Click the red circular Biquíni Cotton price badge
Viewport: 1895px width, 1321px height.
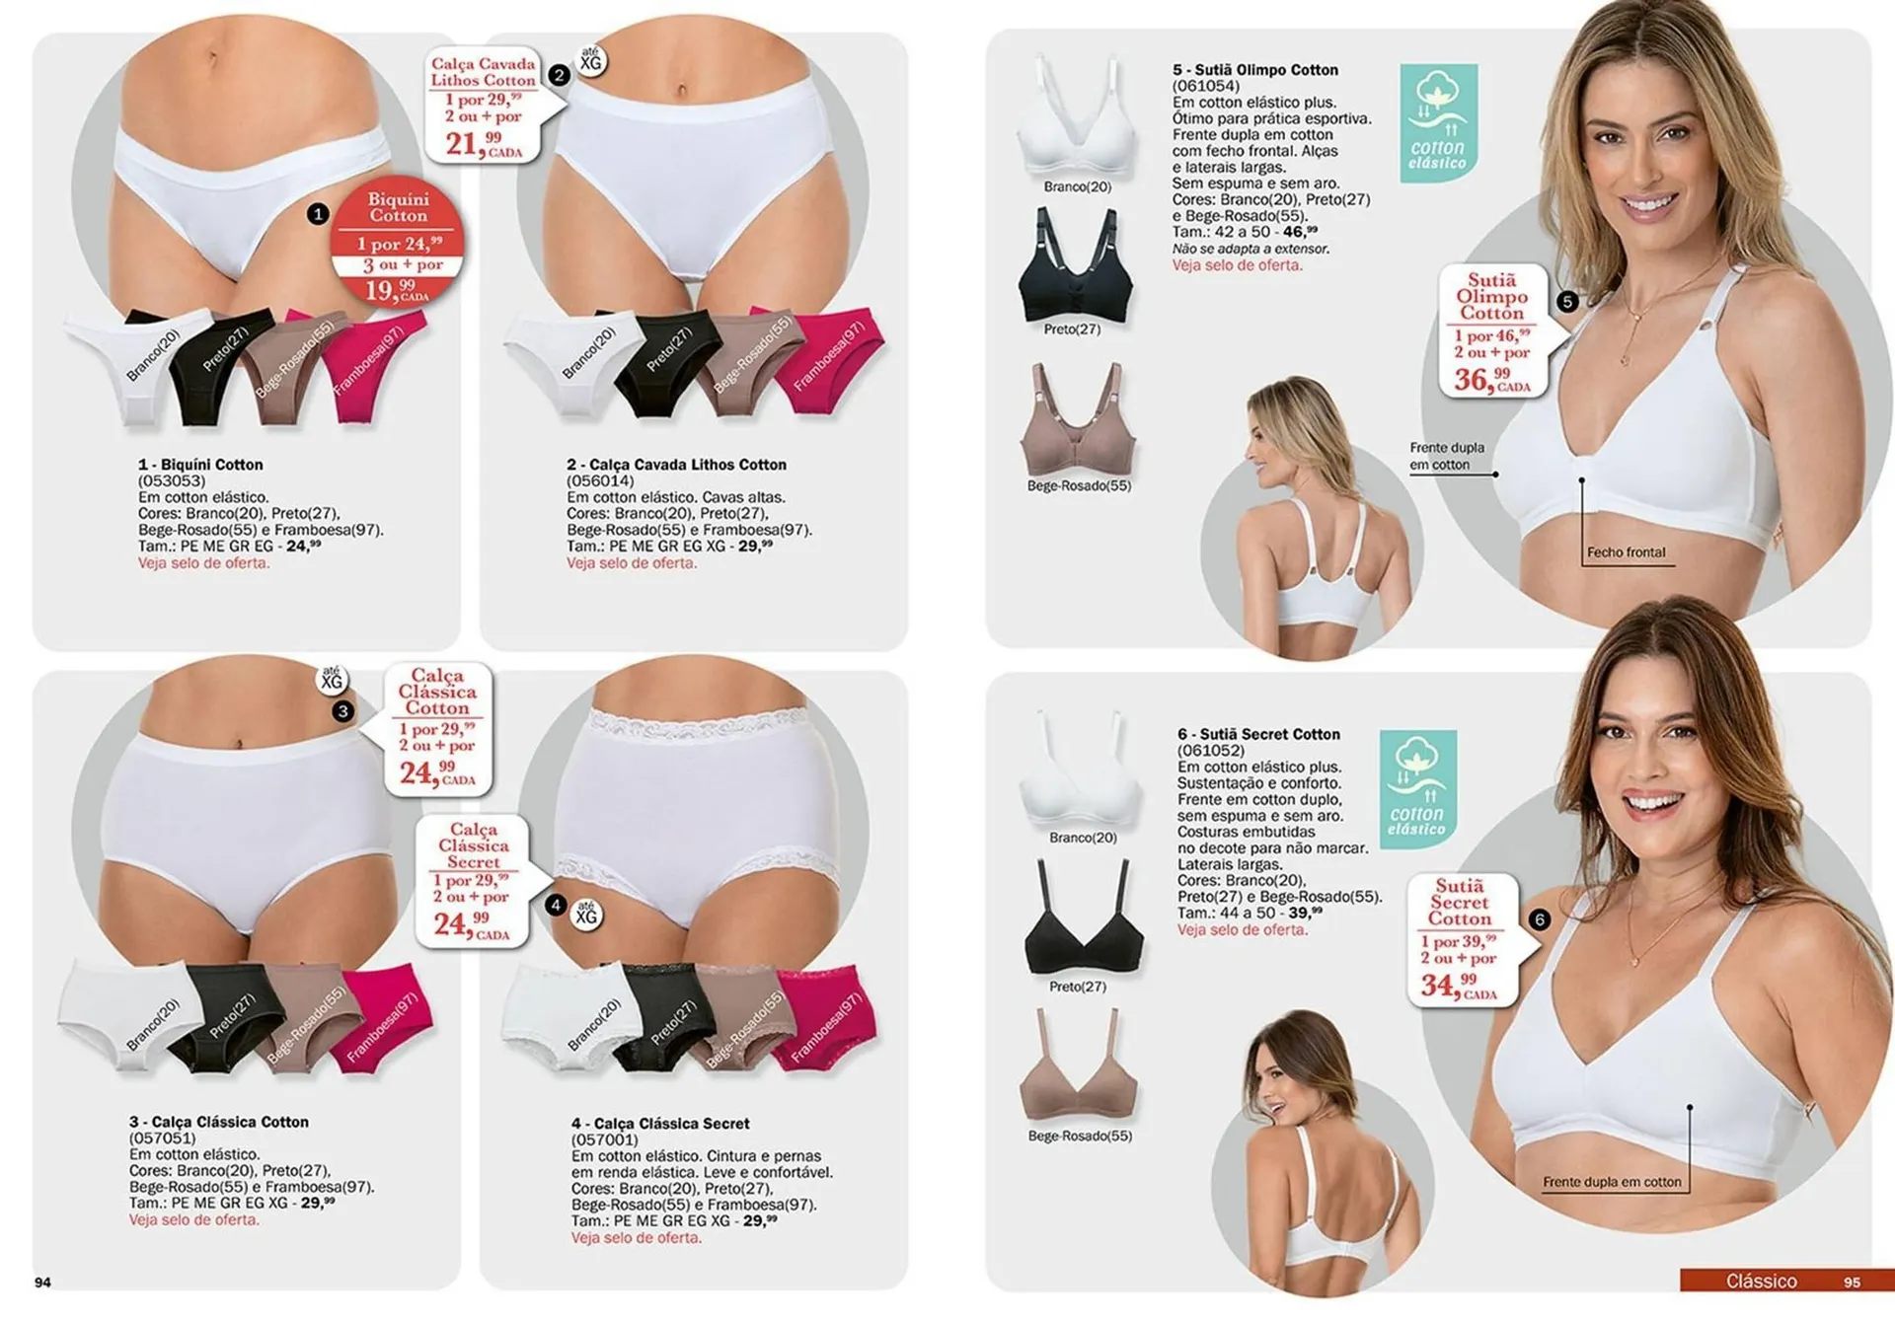coord(398,242)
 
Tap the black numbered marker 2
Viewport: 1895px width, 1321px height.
coord(559,75)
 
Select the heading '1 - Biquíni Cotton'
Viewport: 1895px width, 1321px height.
coord(200,464)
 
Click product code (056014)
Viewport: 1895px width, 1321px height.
coord(600,480)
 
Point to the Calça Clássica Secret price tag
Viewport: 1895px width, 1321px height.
coord(474,880)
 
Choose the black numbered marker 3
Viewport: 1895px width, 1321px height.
coord(342,710)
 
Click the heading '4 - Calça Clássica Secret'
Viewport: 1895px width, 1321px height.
coord(660,1123)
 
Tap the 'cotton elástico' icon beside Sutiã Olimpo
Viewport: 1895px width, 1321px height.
coord(1438,122)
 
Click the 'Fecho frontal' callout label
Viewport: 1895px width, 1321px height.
coord(1626,552)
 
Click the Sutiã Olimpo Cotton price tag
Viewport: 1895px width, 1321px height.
coord(1492,330)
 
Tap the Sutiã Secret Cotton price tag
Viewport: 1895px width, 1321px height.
coord(1461,937)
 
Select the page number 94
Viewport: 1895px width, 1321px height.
coord(42,1282)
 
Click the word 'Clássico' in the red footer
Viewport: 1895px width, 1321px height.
coord(1761,1281)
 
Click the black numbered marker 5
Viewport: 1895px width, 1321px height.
coord(1568,302)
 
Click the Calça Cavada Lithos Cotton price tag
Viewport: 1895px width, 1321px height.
coord(484,104)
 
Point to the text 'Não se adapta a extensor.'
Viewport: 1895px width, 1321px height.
coord(1251,249)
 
